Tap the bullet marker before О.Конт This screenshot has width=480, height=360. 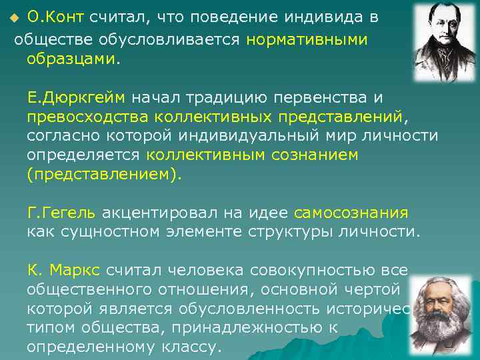point(19,18)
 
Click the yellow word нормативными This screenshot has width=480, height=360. point(307,39)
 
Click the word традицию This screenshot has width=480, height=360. point(234,98)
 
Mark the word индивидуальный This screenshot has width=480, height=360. point(280,137)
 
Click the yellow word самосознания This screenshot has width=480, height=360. point(351,213)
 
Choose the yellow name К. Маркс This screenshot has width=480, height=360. point(63,271)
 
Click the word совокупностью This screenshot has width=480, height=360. point(301,271)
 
